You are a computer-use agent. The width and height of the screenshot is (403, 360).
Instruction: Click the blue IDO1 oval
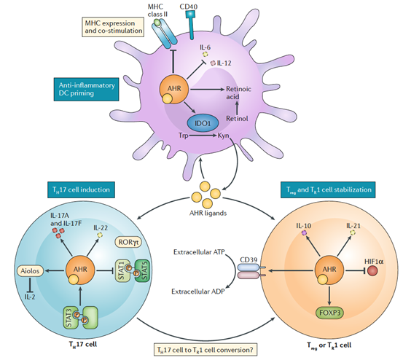[203, 123]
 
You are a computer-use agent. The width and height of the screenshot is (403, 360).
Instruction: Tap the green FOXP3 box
[329, 313]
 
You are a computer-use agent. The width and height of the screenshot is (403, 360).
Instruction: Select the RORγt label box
[129, 242]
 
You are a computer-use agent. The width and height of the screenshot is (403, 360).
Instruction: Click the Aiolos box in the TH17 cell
[30, 271]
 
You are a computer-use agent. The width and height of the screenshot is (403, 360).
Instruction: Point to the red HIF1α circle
[372, 270]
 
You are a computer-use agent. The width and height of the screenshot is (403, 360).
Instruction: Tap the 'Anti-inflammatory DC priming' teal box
[86, 89]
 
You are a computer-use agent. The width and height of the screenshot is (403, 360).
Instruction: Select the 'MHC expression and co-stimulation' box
[113, 27]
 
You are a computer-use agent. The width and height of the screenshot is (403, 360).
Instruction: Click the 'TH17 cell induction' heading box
[81, 189]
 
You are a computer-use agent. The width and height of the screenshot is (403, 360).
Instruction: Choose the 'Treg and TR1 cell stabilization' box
[328, 189]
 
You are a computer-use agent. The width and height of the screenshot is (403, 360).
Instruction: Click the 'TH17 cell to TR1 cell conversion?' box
[206, 350]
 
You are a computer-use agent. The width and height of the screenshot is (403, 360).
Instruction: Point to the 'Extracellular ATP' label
[199, 252]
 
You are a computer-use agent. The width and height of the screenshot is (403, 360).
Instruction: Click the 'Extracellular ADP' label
[198, 291]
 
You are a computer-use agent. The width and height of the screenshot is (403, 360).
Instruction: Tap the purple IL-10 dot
[304, 232]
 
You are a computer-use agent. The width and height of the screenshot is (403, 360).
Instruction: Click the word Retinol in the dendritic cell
[237, 119]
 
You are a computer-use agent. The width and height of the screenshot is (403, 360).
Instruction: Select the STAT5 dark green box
[143, 270]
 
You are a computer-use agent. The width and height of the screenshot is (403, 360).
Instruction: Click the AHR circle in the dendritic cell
[174, 90]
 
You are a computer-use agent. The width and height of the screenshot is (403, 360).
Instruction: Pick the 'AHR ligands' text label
[208, 213]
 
